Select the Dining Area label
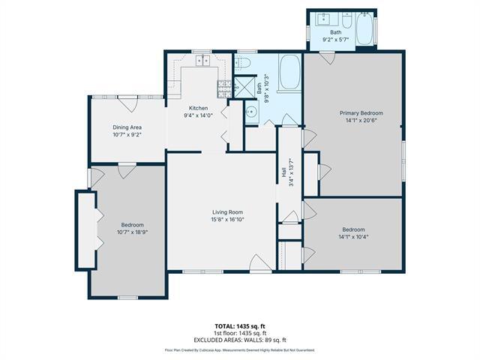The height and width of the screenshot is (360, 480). (x=127, y=127)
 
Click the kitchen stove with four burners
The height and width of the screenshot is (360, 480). (x=223, y=88)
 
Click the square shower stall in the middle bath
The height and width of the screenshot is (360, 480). (x=244, y=87)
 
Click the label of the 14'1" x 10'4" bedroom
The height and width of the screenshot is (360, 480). (x=353, y=229)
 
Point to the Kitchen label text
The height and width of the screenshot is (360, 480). (x=198, y=108)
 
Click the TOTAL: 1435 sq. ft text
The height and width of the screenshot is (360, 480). (x=239, y=326)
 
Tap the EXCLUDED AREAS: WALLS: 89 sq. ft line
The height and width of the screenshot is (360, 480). (x=239, y=339)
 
